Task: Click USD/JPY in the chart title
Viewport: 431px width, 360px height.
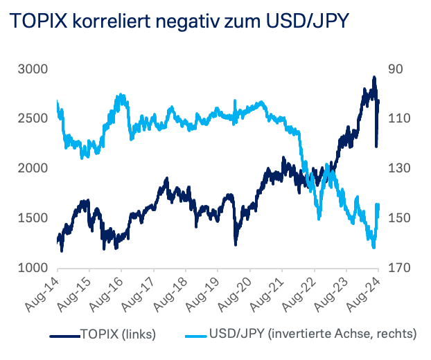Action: tap(306, 21)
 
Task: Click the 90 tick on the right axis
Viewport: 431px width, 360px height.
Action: tap(397, 69)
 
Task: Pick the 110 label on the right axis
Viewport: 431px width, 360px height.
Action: tap(400, 119)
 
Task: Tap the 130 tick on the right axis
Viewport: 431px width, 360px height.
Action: tap(400, 168)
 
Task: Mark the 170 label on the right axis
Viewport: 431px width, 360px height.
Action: tap(400, 268)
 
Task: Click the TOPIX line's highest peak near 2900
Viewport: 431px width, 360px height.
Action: tap(374, 78)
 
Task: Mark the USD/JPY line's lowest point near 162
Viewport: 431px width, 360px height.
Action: tap(374, 246)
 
